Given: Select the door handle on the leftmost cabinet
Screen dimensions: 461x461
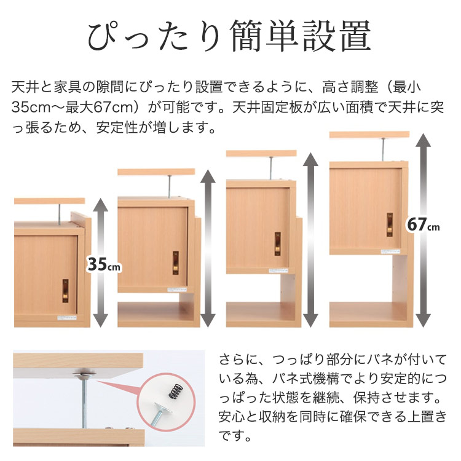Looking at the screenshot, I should [65, 291].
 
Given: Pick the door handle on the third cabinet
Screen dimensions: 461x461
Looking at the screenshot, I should [277, 243].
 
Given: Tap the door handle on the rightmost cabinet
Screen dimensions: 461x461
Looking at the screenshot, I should [390, 224].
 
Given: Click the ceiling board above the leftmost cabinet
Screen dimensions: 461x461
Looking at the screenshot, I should [49, 201].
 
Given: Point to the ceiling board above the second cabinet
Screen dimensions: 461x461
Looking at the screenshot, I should [156, 171].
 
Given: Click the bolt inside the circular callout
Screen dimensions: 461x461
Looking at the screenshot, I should [162, 411].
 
